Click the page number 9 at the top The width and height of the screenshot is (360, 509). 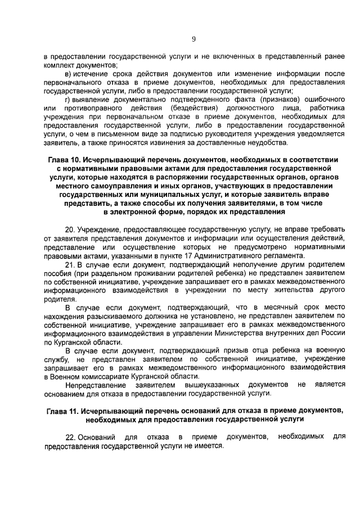(x=193, y=39)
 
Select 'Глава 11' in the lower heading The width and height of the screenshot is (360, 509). (x=63, y=411)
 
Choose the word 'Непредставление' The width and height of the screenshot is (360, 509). (x=94, y=385)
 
